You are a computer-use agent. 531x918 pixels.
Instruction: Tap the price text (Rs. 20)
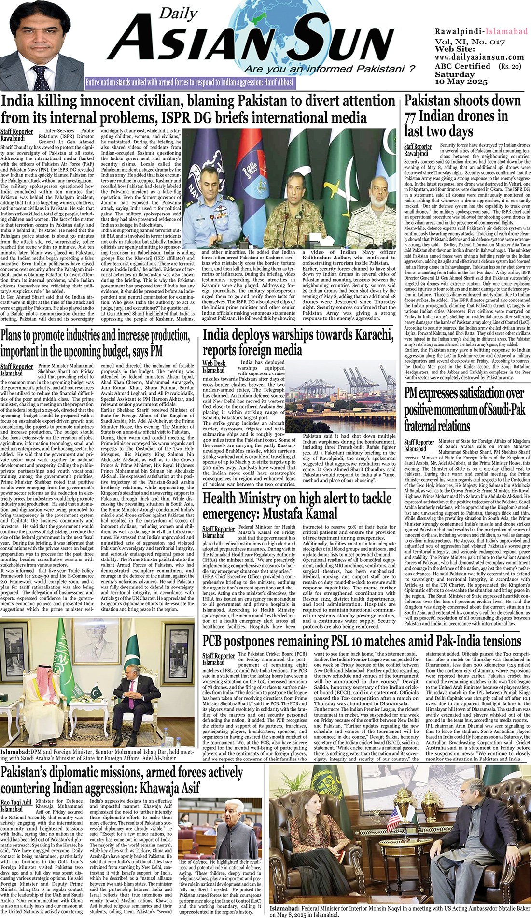click(x=510, y=66)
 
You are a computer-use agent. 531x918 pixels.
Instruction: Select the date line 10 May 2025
click(x=461, y=82)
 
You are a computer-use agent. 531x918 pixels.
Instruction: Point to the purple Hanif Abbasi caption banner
click(x=189, y=82)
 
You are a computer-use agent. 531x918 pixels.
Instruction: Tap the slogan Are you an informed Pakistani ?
click(x=330, y=69)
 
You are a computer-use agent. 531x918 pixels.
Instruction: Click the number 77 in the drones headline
click(x=410, y=116)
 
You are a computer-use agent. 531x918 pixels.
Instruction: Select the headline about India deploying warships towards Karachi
click(x=298, y=342)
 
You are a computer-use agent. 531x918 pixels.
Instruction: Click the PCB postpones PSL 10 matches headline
click(x=362, y=641)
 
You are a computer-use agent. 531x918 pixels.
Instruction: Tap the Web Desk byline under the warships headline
click(x=214, y=363)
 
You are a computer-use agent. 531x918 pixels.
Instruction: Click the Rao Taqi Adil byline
click(x=16, y=803)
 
